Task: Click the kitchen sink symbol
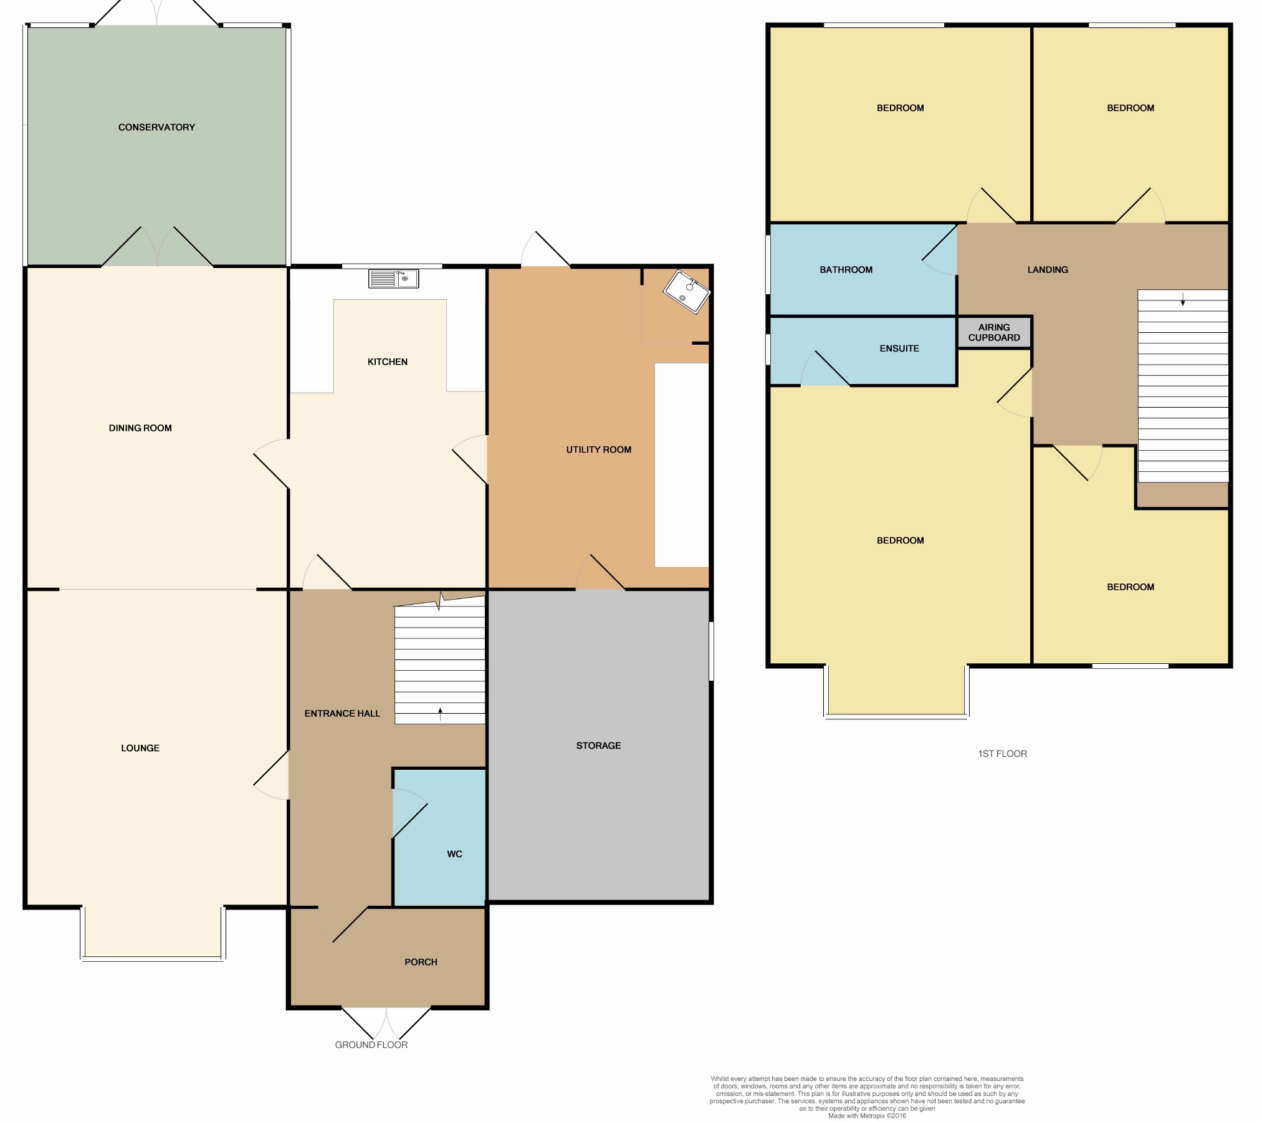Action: point(393,279)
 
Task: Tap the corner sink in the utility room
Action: point(686,292)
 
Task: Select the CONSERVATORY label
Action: point(156,127)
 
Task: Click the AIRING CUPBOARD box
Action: point(994,332)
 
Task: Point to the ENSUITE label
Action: point(899,348)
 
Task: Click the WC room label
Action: point(454,854)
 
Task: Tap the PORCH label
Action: point(421,962)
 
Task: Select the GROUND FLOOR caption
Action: point(371,1045)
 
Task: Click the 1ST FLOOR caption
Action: point(1002,754)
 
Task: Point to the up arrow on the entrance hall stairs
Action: point(440,714)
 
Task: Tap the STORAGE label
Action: point(598,746)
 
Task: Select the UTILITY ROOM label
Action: point(598,449)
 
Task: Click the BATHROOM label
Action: point(846,270)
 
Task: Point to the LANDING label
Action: point(1048,270)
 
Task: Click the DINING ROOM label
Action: point(140,428)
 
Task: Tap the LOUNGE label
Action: point(140,748)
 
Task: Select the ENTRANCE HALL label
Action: point(342,714)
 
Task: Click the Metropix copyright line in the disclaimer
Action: point(867,1116)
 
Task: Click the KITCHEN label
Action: point(387,362)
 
